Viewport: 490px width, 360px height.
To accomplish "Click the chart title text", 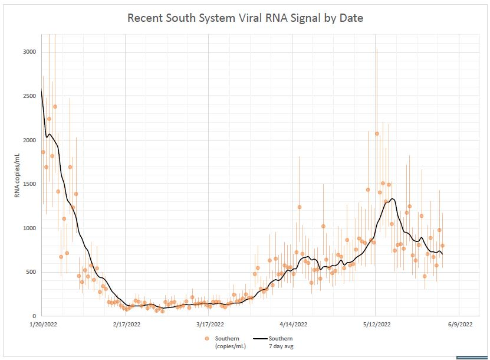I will (x=245, y=18).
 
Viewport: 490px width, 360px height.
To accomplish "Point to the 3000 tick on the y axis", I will (x=29, y=52).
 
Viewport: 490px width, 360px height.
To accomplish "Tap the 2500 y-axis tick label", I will (x=29, y=96).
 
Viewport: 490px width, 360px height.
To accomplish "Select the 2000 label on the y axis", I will (x=29, y=140).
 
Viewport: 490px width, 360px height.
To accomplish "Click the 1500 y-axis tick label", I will (x=29, y=184).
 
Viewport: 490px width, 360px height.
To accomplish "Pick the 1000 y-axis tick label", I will (x=29, y=228).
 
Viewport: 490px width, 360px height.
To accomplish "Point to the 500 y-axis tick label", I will (x=31, y=272).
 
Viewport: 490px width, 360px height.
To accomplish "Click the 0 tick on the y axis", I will (x=34, y=316).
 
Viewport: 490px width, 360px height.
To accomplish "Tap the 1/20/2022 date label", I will (x=42, y=324).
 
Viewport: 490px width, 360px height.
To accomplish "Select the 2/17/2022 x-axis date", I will (x=126, y=324).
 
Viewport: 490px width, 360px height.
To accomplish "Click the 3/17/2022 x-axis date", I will (x=209, y=324).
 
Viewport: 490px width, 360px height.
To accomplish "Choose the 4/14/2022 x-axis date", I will (x=293, y=324).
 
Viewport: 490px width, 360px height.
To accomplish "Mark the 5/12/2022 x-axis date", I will (x=376, y=324).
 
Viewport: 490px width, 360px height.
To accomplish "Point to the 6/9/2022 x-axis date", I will (x=459, y=324).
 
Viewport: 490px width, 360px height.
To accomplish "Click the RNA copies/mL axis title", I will (x=17, y=176).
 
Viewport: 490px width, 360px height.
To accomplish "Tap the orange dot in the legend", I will (x=207, y=339).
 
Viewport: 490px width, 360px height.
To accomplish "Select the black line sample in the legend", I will (x=259, y=339).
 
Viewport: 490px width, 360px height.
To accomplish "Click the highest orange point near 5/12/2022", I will (x=377, y=133).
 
